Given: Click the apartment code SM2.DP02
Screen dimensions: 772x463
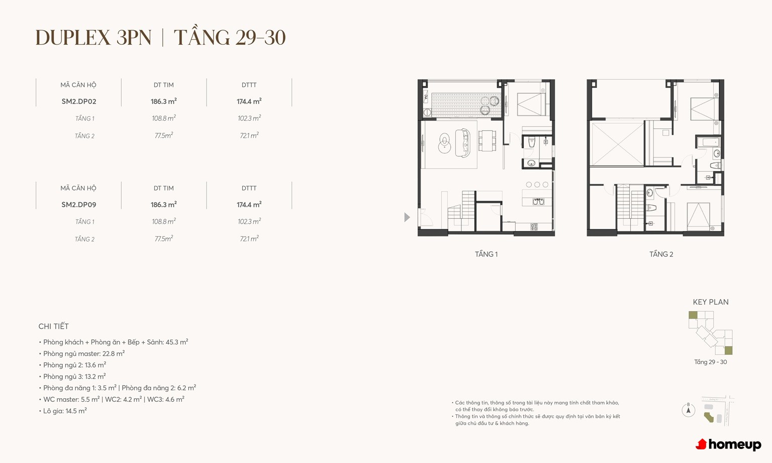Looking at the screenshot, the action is point(78,102).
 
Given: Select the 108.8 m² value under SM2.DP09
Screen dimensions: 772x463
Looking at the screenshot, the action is point(164,221).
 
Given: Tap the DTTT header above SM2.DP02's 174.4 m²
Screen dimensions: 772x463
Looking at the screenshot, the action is point(249,85).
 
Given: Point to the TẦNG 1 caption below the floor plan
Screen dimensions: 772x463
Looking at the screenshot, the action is point(486,254).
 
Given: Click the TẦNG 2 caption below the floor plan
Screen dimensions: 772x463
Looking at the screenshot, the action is point(661,254).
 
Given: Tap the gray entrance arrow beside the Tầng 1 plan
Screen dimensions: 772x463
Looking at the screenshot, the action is point(407,217).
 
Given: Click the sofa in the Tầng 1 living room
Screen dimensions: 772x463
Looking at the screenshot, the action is point(463,143).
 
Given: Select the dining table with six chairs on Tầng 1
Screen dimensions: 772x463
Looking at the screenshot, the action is point(487,141).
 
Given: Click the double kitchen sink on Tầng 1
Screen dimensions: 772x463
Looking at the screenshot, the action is point(538,201).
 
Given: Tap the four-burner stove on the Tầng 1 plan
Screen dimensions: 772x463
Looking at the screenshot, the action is point(534,227).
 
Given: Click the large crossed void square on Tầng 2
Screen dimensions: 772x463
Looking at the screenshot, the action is point(617,144).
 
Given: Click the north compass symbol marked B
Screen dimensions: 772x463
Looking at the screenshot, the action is point(688,410).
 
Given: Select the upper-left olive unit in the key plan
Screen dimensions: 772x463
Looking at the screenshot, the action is point(693,315).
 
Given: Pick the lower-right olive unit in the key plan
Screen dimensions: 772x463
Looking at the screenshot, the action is point(728,350).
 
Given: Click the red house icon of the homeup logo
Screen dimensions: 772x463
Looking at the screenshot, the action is point(701,444).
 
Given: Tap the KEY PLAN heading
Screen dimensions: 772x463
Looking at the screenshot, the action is point(711,302).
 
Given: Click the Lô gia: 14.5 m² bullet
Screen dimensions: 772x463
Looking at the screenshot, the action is point(63,411).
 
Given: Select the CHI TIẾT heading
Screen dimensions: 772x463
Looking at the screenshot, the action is point(53,326).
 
